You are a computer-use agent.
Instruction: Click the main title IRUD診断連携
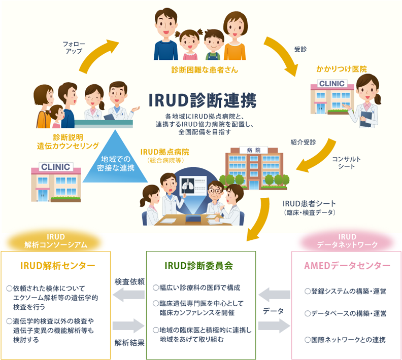(x=203, y=100)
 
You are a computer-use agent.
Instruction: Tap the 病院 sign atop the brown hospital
(x=253, y=150)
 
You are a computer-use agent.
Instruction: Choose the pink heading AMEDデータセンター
(x=347, y=265)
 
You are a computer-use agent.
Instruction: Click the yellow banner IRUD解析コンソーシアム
(x=56, y=240)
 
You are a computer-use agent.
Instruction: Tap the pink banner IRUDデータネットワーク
(x=347, y=240)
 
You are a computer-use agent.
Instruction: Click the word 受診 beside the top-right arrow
(x=300, y=49)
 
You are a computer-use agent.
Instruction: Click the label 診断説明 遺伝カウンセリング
(x=69, y=141)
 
